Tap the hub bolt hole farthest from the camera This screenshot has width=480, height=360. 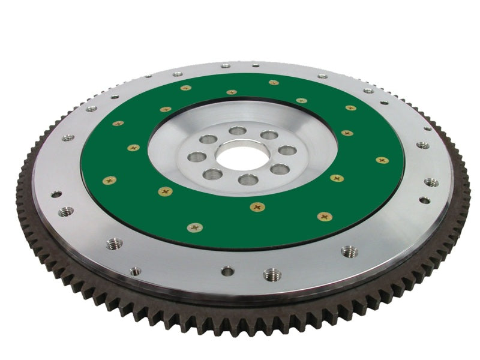point(238,130)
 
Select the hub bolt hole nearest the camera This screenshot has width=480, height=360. point(248,179)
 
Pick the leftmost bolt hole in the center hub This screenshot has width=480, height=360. point(197,157)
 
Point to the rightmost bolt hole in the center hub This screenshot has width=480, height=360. point(287,150)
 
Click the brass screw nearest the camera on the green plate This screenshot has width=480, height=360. point(194,227)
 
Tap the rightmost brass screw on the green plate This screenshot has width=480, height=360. point(382,160)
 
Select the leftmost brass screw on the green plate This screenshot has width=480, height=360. point(109,180)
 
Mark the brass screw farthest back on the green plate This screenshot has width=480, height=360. point(274,83)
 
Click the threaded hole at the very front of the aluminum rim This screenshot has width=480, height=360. point(272,274)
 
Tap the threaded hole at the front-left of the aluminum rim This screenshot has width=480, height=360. point(114,244)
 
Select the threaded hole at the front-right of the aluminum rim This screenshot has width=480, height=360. point(349,251)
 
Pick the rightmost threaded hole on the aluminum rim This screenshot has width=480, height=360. point(431,182)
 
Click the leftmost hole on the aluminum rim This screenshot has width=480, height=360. point(56,194)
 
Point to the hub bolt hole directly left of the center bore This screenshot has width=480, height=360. point(197,157)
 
